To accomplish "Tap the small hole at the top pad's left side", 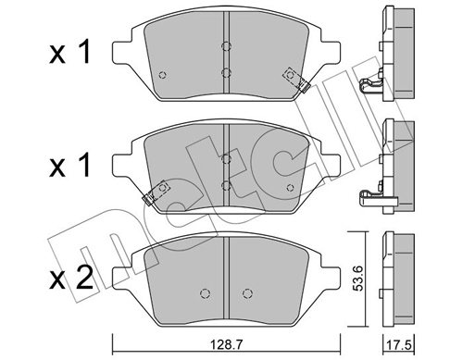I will (163, 76).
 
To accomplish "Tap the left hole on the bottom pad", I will (204, 294).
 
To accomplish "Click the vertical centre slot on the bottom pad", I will (227, 278).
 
